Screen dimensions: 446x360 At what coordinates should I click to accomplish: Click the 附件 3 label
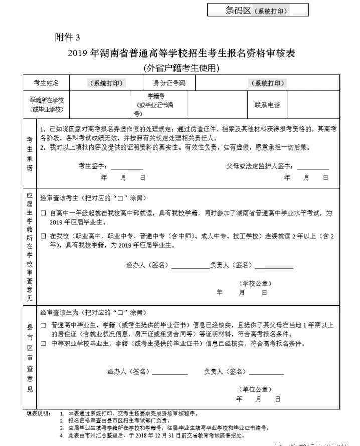67,37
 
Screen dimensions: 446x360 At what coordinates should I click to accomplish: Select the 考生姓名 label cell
46,83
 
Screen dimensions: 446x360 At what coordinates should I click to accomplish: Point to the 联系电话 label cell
267,105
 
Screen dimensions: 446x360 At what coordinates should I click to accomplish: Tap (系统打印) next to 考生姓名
106,83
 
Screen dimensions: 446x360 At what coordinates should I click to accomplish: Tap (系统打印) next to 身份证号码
268,83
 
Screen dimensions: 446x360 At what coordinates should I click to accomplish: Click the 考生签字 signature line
127,167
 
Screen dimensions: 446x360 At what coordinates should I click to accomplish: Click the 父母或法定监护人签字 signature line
313,167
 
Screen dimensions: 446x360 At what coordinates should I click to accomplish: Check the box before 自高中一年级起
43,213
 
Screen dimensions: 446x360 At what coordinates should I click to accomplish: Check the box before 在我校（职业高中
43,236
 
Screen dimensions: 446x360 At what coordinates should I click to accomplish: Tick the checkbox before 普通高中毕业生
43,325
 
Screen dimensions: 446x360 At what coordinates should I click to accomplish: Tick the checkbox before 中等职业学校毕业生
43,344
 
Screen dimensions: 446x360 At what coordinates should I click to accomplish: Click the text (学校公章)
255,283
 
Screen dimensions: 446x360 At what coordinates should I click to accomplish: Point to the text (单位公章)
255,389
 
